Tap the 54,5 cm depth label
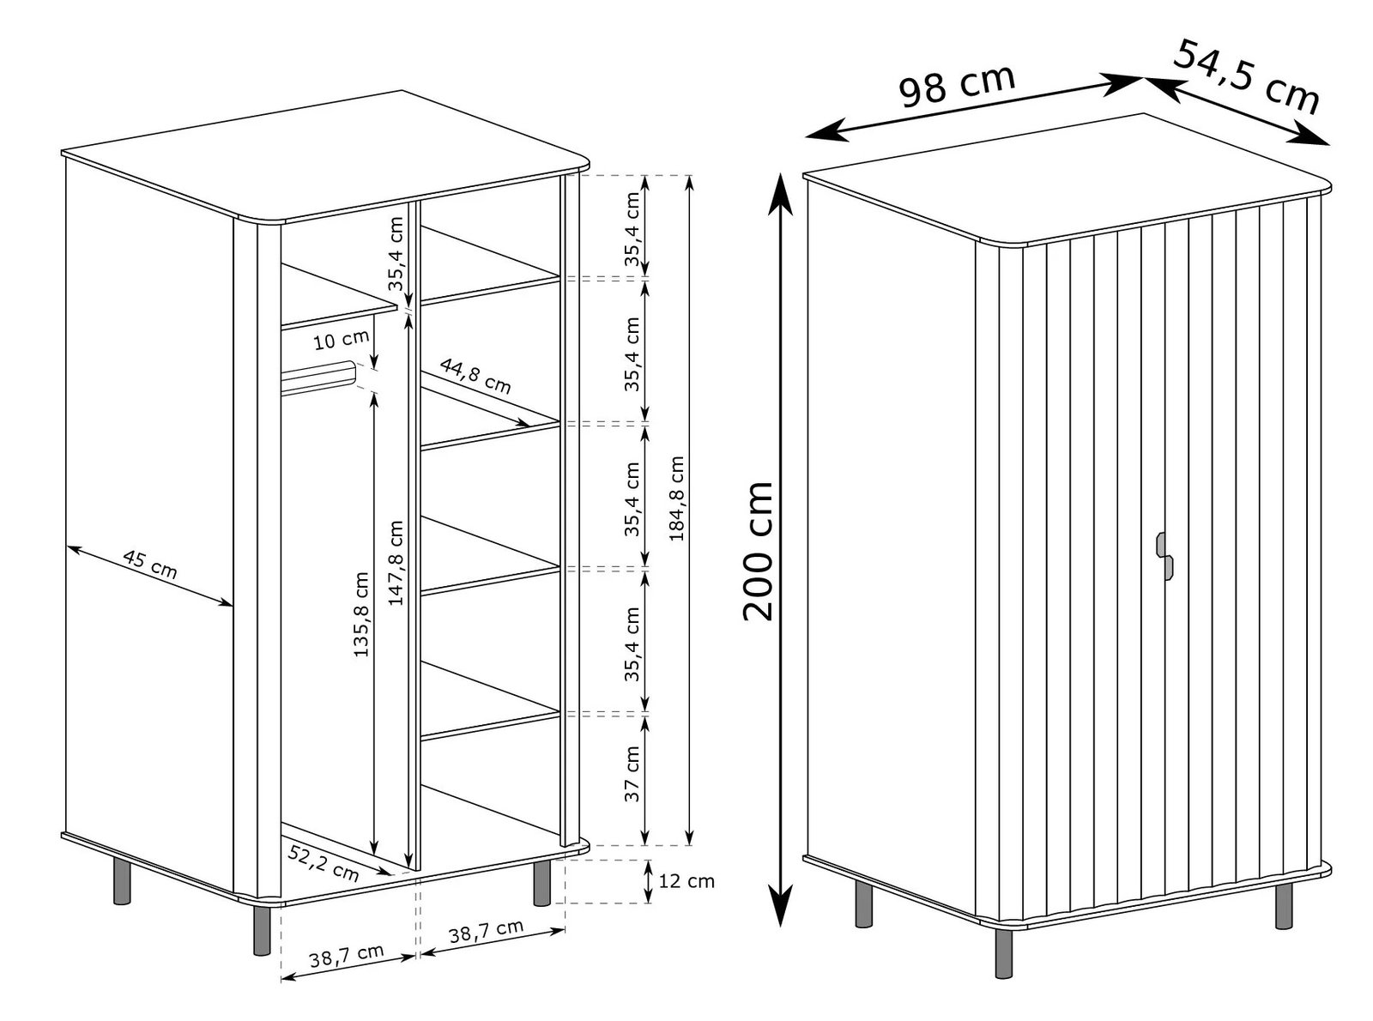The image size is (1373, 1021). pyautogui.click(x=1245, y=76)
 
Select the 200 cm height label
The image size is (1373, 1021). pyautogui.click(x=759, y=550)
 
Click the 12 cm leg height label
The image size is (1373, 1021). pyautogui.click(x=686, y=881)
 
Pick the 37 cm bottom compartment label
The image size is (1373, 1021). pyautogui.click(x=632, y=773)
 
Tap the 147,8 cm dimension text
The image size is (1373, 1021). pyautogui.click(x=396, y=563)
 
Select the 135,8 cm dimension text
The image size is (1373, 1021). pyautogui.click(x=361, y=614)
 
